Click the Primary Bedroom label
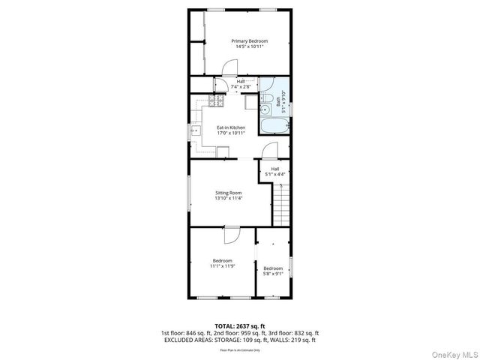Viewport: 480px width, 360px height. tap(249, 40)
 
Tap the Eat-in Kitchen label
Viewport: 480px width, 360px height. tap(231, 127)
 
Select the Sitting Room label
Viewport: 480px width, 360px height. tap(229, 193)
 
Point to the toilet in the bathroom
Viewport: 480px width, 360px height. tap(267, 99)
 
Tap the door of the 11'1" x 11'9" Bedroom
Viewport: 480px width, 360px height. tap(232, 235)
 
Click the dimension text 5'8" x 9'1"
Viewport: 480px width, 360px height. tap(272, 274)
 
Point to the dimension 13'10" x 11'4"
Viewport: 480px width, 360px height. tap(229, 199)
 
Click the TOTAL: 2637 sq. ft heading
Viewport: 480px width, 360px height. tap(240, 326)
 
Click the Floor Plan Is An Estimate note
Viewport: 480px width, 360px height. tap(240, 349)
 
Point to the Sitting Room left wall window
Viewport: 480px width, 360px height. tap(189, 193)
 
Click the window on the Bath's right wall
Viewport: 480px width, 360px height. tap(292, 109)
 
